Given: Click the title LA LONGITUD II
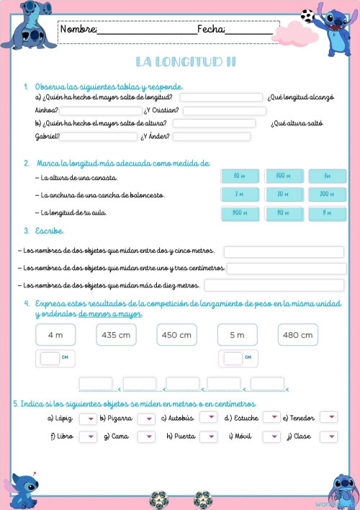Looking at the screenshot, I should tap(186, 62).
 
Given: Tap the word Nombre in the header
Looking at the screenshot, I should tap(78, 30).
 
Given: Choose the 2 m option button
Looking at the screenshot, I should tap(236, 194).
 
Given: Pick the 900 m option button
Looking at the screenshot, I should tap(236, 212).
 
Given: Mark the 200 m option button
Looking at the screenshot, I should tap(327, 194).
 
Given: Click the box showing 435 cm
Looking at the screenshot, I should tap(116, 335).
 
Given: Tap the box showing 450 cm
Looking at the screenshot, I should tap(176, 335).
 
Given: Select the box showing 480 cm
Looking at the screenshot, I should tap(297, 335).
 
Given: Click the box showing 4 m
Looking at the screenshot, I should tap(55, 335).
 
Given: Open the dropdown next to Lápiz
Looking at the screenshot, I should tap(88, 418).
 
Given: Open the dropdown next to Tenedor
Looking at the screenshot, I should tap(328, 417).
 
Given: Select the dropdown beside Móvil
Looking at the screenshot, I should tap(271, 437).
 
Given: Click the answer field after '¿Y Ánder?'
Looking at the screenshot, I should tap(211, 137).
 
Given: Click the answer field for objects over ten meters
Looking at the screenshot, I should tap(274, 286).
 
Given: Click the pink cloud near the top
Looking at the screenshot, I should tap(294, 32).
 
